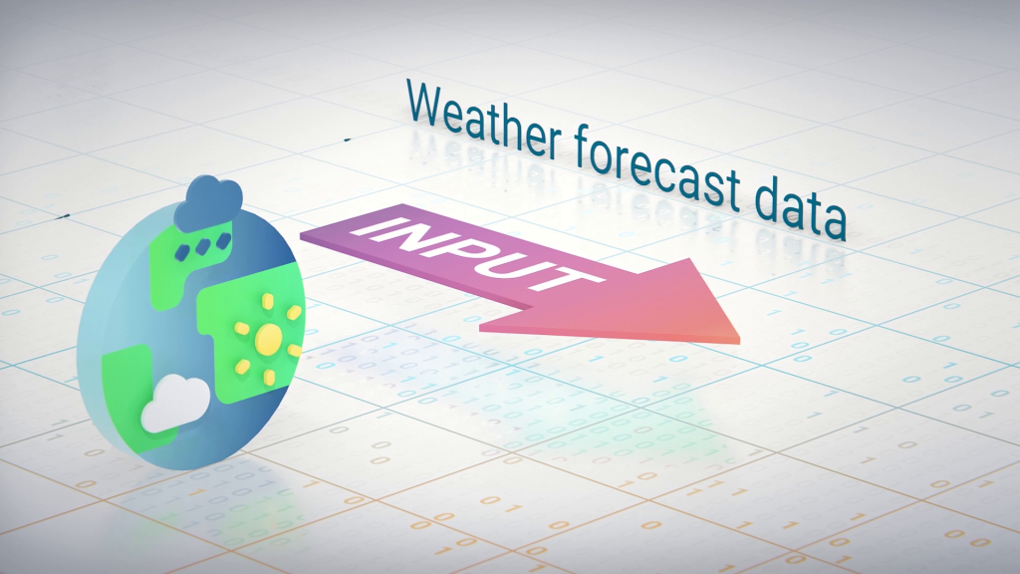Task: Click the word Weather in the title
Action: pos(484,120)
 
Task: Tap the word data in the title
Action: pos(800,207)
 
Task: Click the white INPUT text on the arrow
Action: pos(478,255)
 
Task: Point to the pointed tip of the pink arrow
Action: pos(739,339)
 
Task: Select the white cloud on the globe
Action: pos(175,404)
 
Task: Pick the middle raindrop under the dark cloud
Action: pos(203,247)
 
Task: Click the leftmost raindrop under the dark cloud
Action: pos(184,252)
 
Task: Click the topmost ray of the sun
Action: pos(267,302)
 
